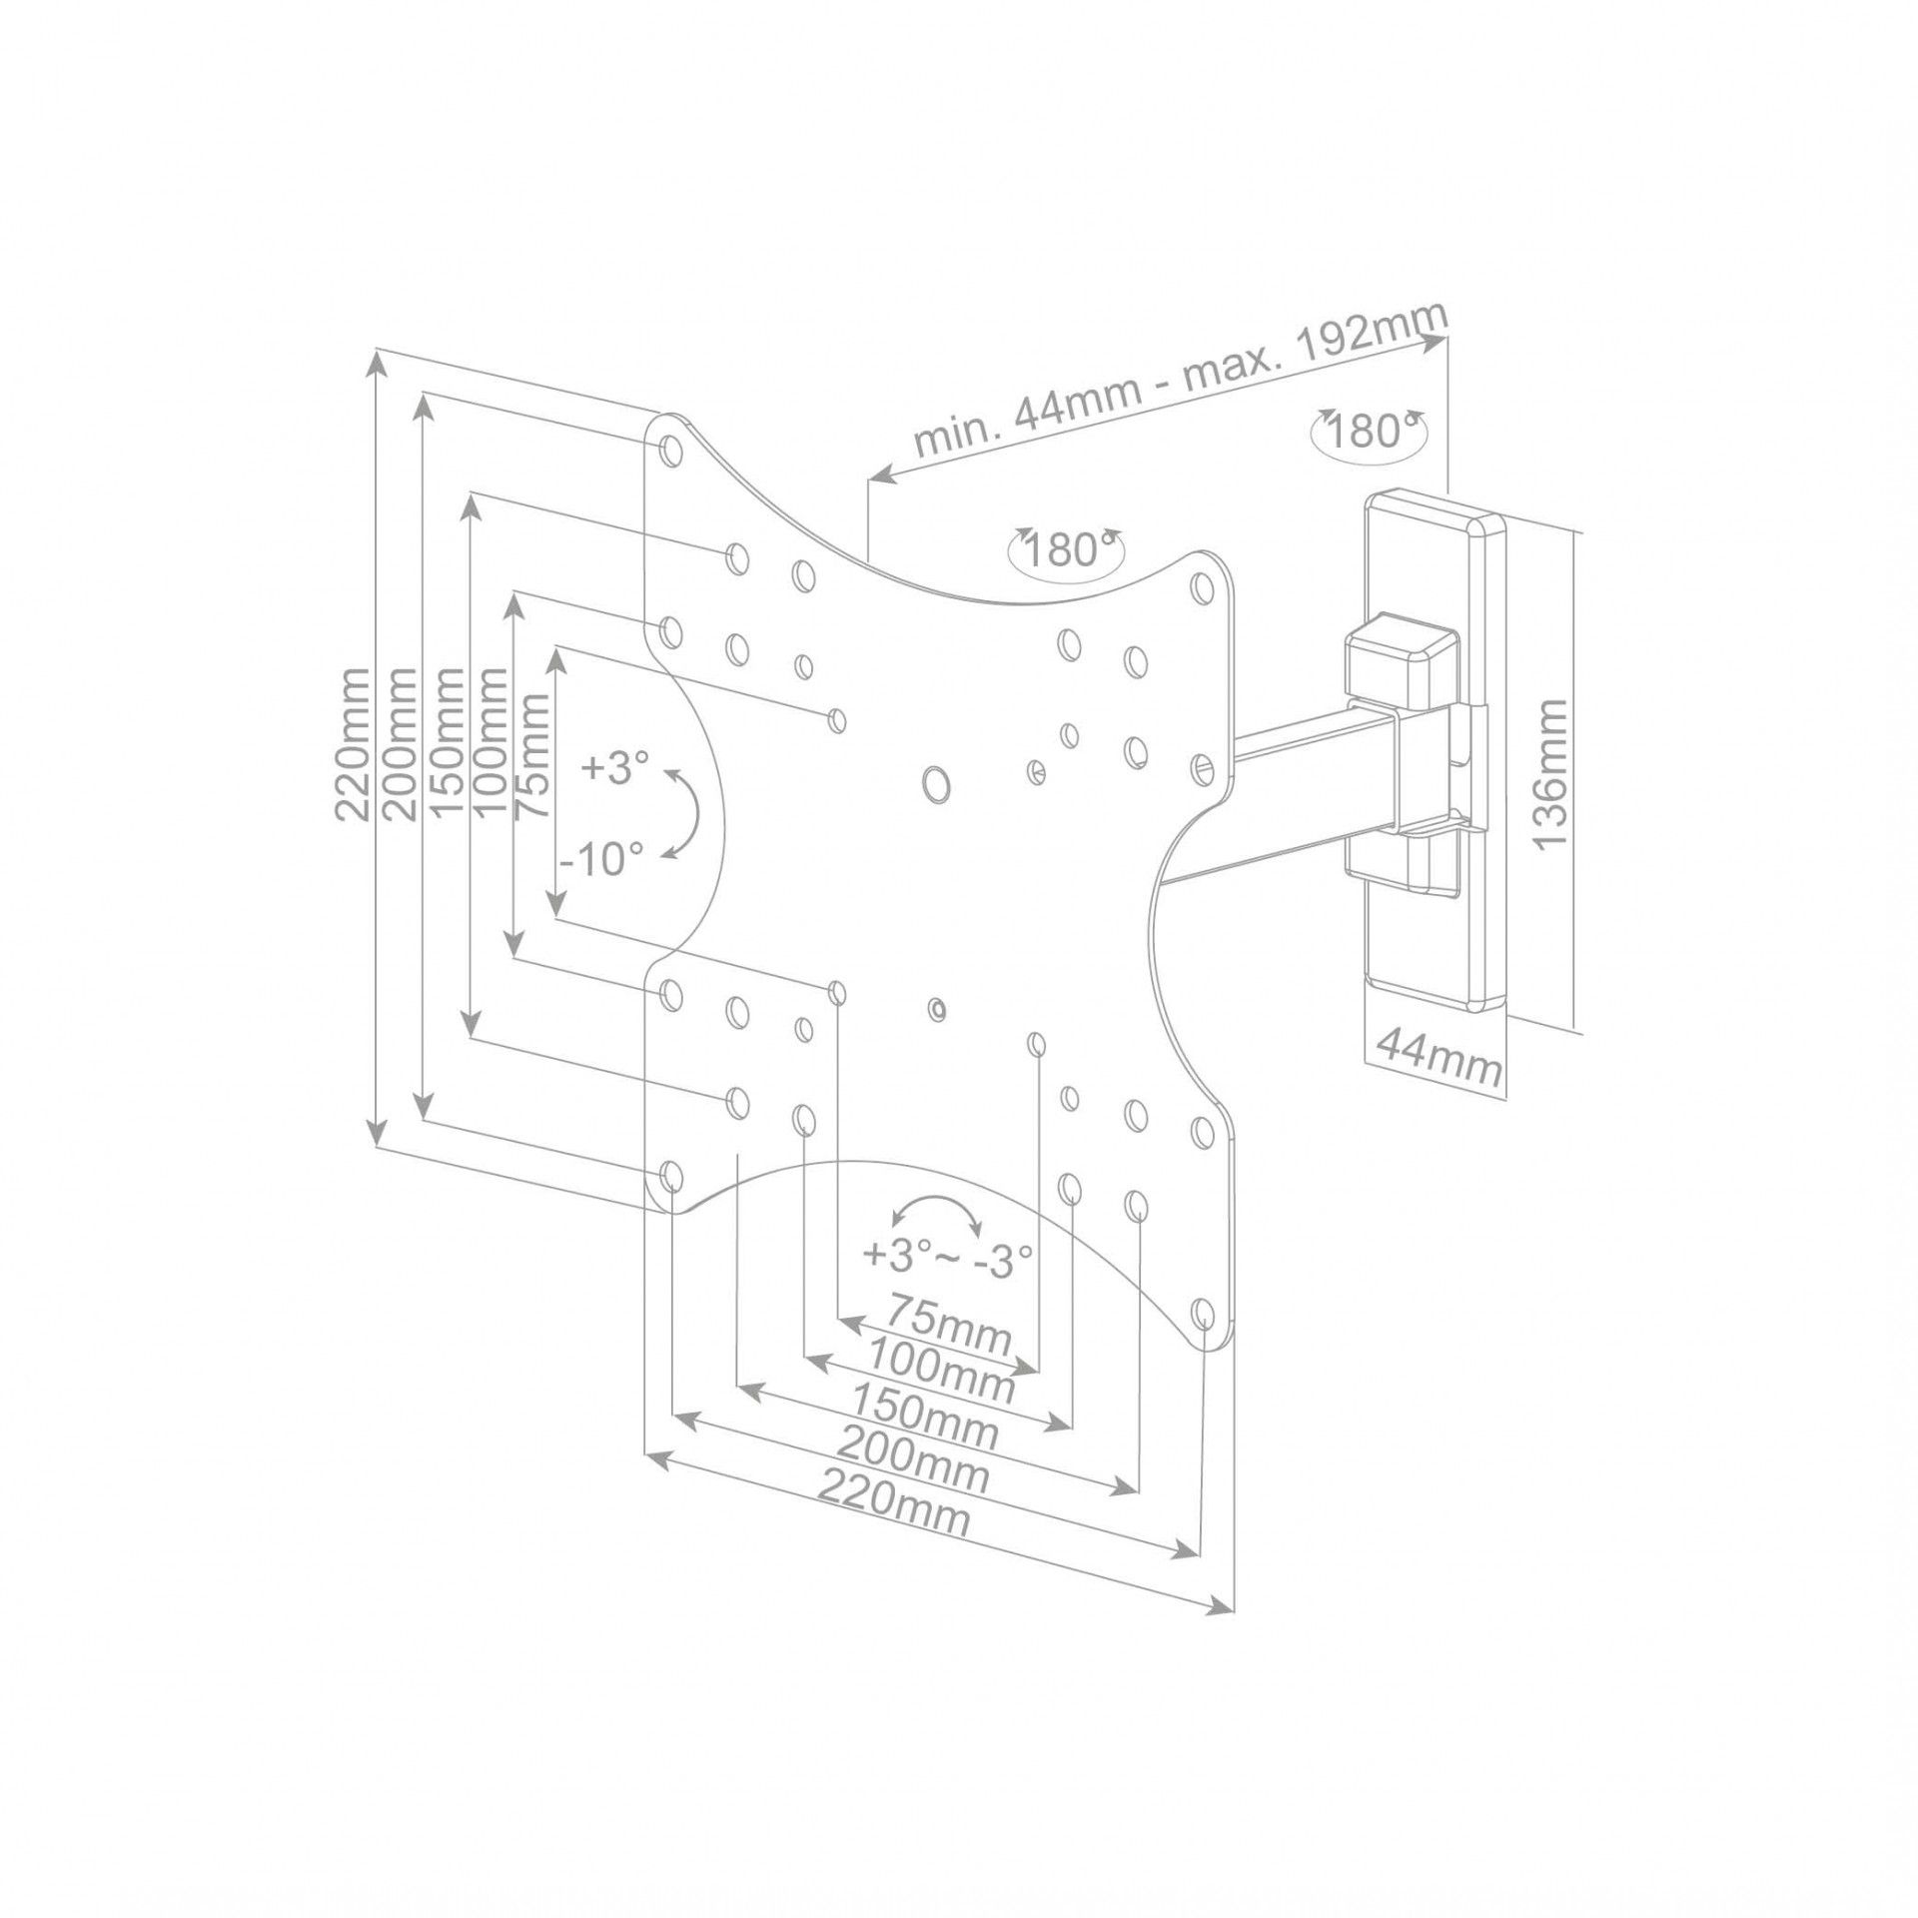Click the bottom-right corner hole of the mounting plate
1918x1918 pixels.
coord(1204,1313)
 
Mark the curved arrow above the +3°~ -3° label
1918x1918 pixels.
coord(936,1211)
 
